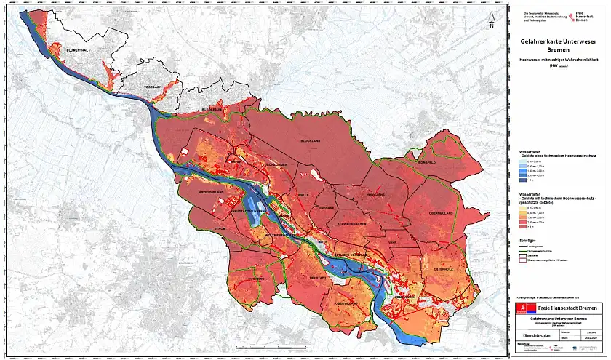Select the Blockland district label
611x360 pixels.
(x=311, y=140)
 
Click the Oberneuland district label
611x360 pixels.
(x=442, y=212)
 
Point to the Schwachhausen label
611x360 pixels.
(x=356, y=224)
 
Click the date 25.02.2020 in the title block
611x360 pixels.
(x=589, y=337)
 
